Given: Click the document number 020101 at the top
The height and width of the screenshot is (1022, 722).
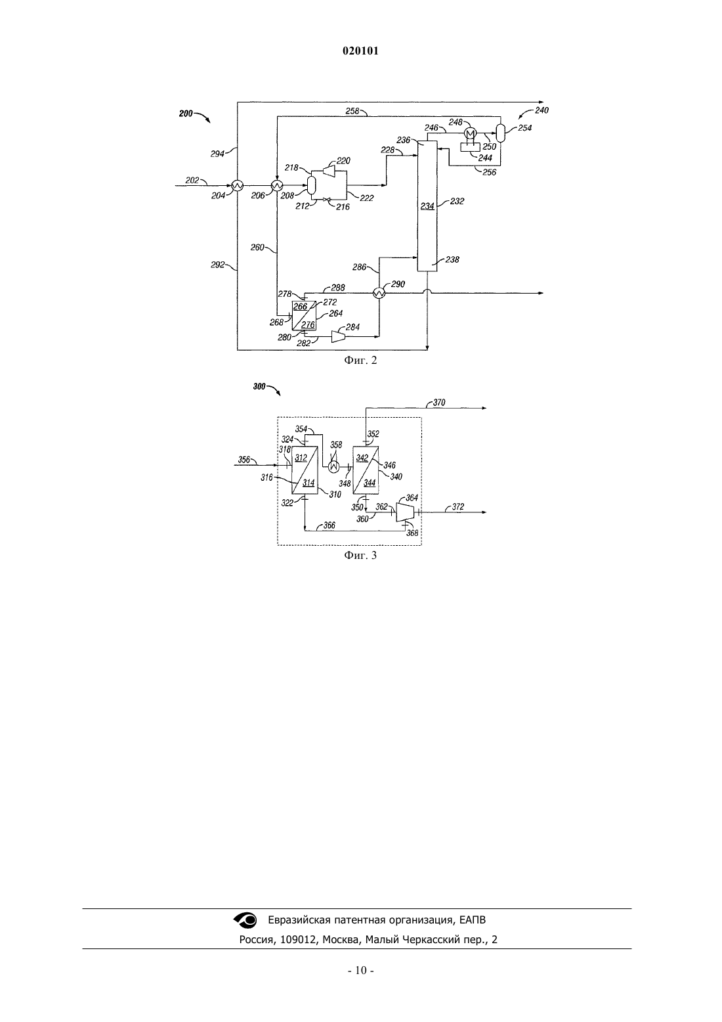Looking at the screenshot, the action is click(x=360, y=51).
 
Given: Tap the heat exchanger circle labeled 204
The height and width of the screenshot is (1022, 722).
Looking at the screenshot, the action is click(x=238, y=185).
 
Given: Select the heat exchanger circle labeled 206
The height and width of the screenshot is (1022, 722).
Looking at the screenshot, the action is click(x=277, y=185).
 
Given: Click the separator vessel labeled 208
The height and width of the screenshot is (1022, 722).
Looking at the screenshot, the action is click(x=312, y=185).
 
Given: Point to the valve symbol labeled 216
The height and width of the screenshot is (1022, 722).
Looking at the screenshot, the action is click(x=326, y=200).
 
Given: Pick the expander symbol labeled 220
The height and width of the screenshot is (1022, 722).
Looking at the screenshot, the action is click(x=328, y=171).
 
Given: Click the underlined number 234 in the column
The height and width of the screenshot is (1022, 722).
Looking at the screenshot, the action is click(x=427, y=206).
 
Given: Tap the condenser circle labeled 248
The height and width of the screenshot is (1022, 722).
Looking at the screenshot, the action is click(x=470, y=133).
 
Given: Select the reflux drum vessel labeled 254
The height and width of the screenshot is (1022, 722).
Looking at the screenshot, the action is click(x=500, y=133).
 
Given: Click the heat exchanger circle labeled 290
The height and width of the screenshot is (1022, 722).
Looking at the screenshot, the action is click(x=379, y=294).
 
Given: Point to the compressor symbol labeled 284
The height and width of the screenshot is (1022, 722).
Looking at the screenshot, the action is click(x=338, y=336).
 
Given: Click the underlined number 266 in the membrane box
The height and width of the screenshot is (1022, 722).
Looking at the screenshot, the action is click(x=301, y=307).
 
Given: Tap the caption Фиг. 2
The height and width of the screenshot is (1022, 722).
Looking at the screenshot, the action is click(x=360, y=361).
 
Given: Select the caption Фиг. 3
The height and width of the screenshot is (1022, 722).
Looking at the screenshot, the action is click(x=360, y=555).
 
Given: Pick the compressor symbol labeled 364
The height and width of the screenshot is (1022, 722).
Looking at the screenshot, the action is click(x=406, y=512).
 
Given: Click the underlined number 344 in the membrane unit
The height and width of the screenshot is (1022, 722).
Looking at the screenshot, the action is click(x=370, y=483).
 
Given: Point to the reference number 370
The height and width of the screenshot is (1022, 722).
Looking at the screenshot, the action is click(x=439, y=403).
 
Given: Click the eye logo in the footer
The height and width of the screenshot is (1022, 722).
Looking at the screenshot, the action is click(x=245, y=920).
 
